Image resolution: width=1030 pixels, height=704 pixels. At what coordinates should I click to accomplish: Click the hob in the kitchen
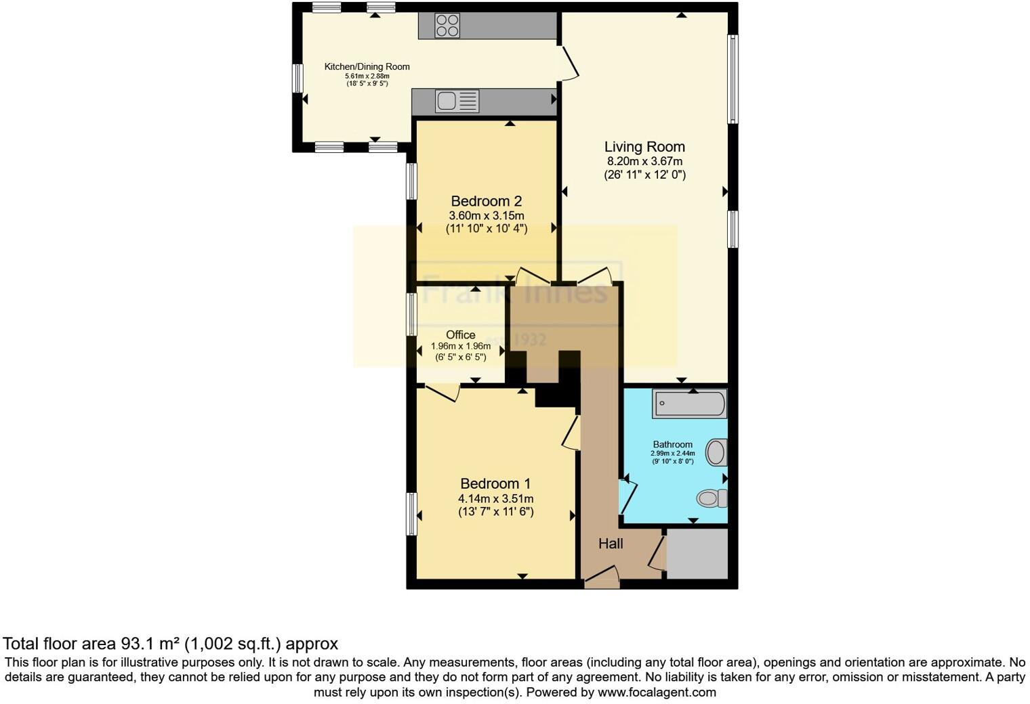pyautogui.click(x=447, y=26)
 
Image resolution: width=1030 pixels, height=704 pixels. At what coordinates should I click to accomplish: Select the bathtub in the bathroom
pyautogui.click(x=690, y=405)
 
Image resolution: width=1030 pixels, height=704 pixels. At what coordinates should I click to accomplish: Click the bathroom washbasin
pyautogui.click(x=716, y=452)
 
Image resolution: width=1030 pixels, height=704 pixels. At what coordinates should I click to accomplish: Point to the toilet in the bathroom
pyautogui.click(x=712, y=499)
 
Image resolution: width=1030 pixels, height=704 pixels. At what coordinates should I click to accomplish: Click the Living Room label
pyautogui.click(x=644, y=147)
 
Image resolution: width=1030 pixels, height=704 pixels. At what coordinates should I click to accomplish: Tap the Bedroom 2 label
pyautogui.click(x=486, y=201)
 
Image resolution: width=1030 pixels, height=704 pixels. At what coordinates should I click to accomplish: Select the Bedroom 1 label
pyautogui.click(x=495, y=483)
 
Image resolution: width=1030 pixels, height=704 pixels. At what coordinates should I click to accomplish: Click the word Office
pyautogui.click(x=460, y=334)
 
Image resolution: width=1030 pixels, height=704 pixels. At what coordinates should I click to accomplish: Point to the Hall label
pyautogui.click(x=611, y=544)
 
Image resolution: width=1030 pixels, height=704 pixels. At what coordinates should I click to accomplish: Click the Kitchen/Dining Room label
pyautogui.click(x=367, y=66)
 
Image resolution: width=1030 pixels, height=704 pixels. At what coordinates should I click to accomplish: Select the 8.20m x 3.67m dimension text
pyautogui.click(x=644, y=162)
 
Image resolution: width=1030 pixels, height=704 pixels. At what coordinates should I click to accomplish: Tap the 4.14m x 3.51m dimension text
pyautogui.click(x=495, y=499)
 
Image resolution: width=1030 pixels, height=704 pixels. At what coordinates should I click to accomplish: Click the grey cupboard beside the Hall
pyautogui.click(x=697, y=554)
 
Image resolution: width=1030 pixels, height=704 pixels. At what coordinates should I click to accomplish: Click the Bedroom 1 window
pyautogui.click(x=411, y=514)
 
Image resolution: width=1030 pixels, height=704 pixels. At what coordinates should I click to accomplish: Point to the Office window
pyautogui.click(x=411, y=313)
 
